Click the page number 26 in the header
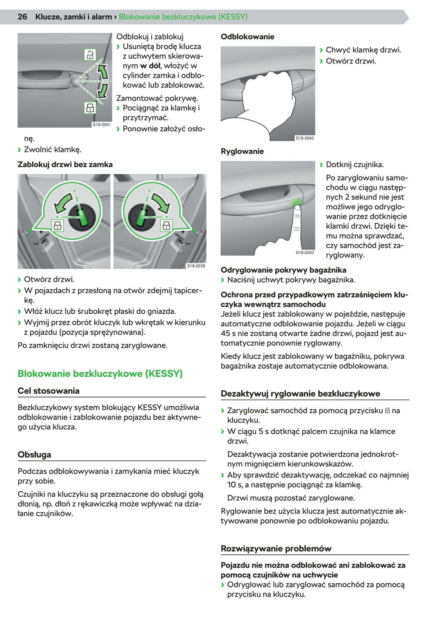point(22,17)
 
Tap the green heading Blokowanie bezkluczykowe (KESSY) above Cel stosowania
point(100,373)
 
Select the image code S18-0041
point(102,125)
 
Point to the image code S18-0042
point(305,138)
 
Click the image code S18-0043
point(305,253)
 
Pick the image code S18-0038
point(196,266)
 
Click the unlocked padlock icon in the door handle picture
point(90,55)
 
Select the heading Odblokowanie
point(247,37)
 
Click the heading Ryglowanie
point(242,151)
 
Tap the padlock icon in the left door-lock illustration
point(58,225)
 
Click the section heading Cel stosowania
point(48,391)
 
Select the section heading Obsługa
point(34,455)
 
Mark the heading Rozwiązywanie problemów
point(276,549)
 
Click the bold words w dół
point(150,66)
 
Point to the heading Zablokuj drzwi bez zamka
point(65,164)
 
